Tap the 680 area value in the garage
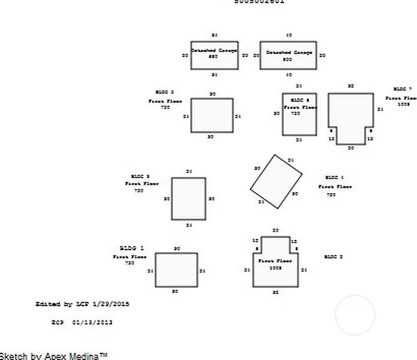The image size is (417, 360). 213,57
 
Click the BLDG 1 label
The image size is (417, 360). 131,248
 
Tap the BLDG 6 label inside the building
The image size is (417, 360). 300,100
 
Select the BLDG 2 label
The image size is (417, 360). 334,257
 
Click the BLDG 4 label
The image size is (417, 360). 334,178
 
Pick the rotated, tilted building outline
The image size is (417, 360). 277,182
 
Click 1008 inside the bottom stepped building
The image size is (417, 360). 275,268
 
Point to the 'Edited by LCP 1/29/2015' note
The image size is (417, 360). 82,304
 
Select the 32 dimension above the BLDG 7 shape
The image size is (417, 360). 351,86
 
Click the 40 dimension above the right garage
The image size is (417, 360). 289,35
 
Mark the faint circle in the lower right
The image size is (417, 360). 355,315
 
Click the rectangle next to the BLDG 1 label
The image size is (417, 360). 176,269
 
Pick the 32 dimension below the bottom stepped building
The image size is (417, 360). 275,292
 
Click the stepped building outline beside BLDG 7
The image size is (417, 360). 351,114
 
